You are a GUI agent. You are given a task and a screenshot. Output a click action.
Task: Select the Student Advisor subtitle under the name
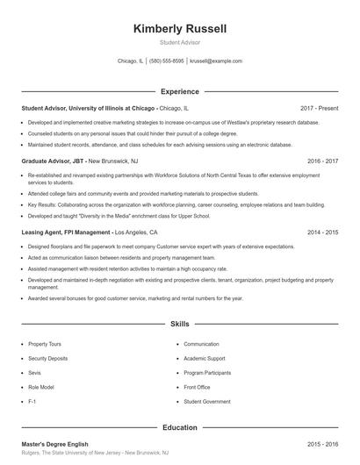tap(179, 43)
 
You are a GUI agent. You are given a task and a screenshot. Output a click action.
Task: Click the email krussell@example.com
tap(215, 61)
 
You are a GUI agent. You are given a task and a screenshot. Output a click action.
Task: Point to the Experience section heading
tap(179, 91)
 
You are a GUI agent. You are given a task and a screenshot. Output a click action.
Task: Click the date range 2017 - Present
tap(319, 108)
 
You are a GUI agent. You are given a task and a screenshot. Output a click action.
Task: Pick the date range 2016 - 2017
tap(322, 162)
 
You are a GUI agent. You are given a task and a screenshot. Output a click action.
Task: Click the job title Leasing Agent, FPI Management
tap(67, 233)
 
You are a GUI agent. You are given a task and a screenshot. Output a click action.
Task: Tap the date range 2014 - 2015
tap(322, 233)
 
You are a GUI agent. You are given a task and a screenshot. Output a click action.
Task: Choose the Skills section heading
tap(179, 325)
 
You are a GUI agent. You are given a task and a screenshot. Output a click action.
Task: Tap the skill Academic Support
tap(205, 359)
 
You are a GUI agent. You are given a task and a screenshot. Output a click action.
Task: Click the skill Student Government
tap(207, 401)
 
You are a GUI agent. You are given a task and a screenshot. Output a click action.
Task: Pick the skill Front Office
tap(198, 387)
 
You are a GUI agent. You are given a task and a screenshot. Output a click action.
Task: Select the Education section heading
tap(179, 428)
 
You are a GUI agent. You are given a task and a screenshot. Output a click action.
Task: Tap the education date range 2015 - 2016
tap(322, 444)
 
